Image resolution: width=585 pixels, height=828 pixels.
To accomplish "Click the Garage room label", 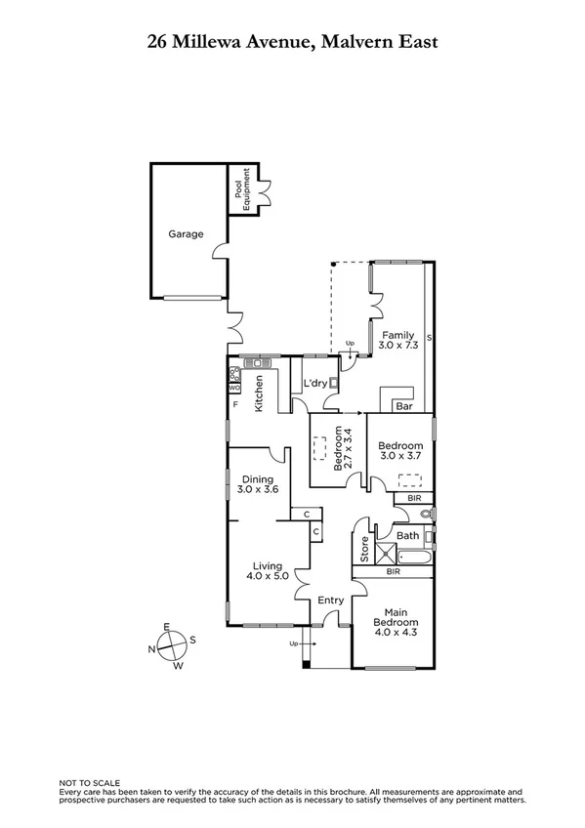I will pos(186,234).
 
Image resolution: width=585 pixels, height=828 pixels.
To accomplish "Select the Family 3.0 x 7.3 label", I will pos(397,341).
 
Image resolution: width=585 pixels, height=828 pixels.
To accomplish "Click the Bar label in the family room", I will pos(405,405).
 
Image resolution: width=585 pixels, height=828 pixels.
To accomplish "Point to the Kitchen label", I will pos(260,393).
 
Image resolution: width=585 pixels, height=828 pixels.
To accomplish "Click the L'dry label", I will pos(314,384).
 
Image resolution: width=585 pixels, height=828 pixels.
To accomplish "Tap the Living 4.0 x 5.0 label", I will pos(267,571).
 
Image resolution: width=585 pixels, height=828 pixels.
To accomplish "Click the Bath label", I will pos(408,536).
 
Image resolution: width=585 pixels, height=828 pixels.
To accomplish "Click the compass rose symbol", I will pos(172,646).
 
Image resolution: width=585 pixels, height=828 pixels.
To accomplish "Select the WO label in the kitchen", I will pos(233,388).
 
